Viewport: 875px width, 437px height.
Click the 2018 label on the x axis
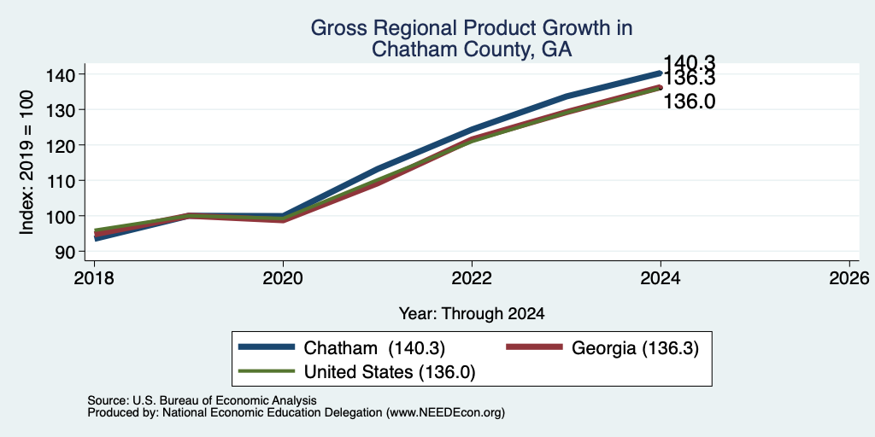[x=94, y=277]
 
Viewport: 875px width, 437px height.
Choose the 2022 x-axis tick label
[x=472, y=277]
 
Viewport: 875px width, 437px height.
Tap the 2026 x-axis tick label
[x=850, y=277]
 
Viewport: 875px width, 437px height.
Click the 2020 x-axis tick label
[x=283, y=277]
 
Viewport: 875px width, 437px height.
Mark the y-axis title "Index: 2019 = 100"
[x=26, y=163]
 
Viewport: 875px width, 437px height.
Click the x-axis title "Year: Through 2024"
[x=472, y=313]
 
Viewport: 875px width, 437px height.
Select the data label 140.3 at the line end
[x=690, y=63]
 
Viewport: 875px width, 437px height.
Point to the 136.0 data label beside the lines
[x=690, y=102]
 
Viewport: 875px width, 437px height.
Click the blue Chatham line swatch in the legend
[x=267, y=347]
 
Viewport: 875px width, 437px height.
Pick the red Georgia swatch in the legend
[x=533, y=347]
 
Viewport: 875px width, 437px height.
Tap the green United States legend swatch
[x=267, y=371]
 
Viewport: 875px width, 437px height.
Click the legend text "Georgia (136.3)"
[x=635, y=348]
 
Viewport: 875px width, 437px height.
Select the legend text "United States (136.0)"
[x=390, y=372]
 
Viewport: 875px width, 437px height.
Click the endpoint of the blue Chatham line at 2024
[x=661, y=73]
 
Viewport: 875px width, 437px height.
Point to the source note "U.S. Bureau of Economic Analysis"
[x=224, y=400]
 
